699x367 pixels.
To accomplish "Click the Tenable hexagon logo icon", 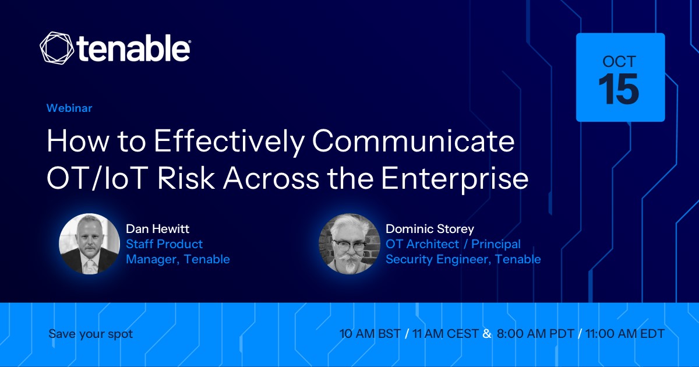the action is (57, 48).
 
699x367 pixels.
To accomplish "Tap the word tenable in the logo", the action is (133, 48).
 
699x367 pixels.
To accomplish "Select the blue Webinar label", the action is (69, 108).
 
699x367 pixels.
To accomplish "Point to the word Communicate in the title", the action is (414, 141).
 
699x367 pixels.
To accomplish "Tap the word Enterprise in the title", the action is (455, 180).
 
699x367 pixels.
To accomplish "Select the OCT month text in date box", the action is (619, 62).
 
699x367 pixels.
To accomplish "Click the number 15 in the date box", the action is (619, 89).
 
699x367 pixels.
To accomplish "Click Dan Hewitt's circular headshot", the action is (89, 244).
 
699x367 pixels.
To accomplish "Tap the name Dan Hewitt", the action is (158, 229).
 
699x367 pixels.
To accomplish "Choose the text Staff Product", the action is (164, 244).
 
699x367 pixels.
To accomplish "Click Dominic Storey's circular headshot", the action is (349, 244).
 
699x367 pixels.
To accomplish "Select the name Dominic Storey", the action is (430, 229).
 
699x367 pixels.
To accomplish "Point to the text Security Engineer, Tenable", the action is (464, 259).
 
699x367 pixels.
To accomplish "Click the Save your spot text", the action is (91, 334).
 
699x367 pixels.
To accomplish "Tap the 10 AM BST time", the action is (370, 334).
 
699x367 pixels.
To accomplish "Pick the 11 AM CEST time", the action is (446, 334).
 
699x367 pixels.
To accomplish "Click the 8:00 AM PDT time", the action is (535, 334).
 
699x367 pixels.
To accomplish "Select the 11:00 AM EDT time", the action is (625, 334).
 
